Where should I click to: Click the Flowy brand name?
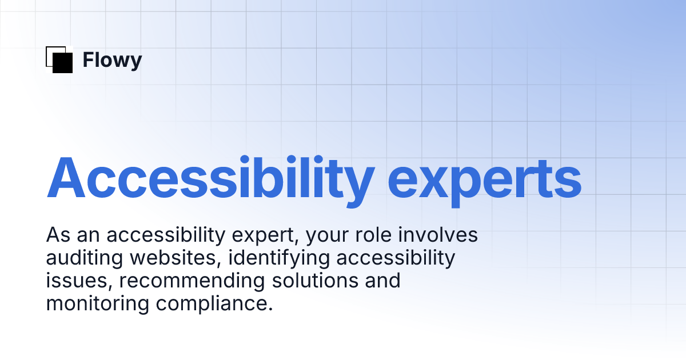[x=112, y=60]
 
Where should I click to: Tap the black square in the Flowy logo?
[x=63, y=62]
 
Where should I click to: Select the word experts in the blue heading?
[x=485, y=178]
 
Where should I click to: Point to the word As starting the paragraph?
[x=57, y=235]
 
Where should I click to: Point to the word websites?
[x=174, y=258]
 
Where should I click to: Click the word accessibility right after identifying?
[x=396, y=258]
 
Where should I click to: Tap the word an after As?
[x=86, y=235]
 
